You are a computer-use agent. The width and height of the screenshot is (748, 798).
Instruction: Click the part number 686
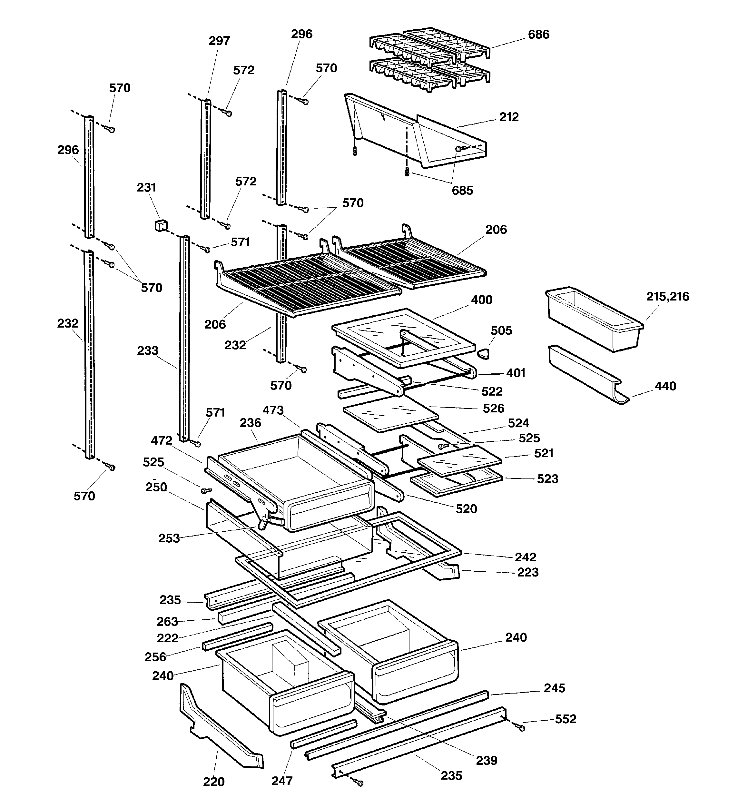(538, 34)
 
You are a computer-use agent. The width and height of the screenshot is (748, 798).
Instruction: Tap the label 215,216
(667, 297)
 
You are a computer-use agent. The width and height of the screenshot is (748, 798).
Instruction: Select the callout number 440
(665, 386)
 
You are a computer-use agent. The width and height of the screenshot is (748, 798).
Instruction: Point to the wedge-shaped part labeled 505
(483, 354)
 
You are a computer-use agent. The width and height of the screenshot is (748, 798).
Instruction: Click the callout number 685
(462, 190)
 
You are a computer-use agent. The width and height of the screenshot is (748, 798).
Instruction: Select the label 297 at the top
(219, 41)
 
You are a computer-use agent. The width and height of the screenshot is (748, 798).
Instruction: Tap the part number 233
(147, 350)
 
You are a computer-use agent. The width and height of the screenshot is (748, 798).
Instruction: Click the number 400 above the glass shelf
(481, 300)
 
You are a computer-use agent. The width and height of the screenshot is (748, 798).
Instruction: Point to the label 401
(516, 373)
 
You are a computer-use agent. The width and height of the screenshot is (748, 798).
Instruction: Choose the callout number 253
(169, 538)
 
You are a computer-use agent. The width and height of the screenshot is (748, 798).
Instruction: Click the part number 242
(525, 557)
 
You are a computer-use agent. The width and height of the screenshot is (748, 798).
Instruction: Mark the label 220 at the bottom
(214, 782)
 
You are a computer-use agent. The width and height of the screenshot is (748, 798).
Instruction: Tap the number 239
(486, 760)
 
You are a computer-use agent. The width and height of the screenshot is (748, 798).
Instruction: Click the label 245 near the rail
(554, 688)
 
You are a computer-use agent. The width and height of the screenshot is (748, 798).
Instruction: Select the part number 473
(273, 410)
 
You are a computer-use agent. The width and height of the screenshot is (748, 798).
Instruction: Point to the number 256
(155, 657)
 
